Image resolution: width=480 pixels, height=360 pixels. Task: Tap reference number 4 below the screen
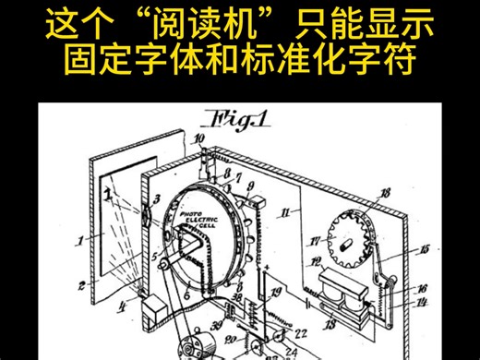[x=121, y=303]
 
